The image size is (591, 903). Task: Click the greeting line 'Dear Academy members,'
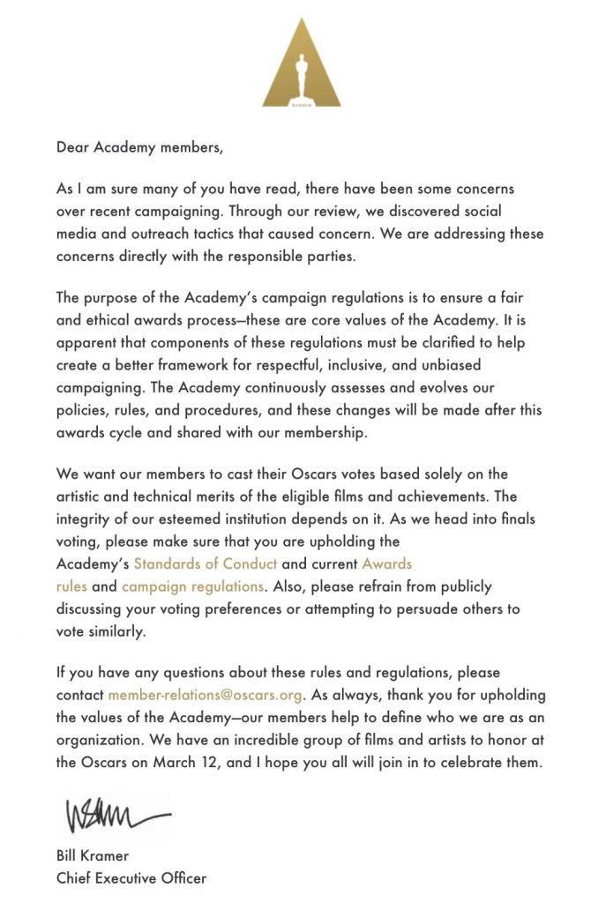click(140, 147)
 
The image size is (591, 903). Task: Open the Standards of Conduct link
click(206, 563)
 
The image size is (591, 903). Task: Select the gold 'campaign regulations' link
click(192, 586)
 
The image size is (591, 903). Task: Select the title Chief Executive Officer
click(131, 878)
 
